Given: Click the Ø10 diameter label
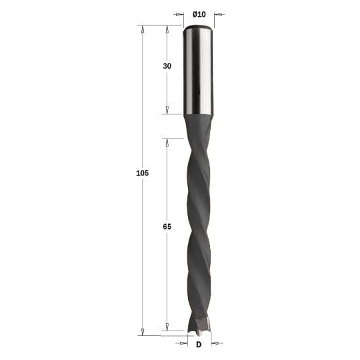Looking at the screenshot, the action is pyautogui.click(x=199, y=15).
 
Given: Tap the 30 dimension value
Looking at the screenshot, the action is pyautogui.click(x=167, y=66).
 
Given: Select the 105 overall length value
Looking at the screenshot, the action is pyautogui.click(x=143, y=173).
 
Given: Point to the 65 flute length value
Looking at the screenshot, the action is pyautogui.click(x=167, y=227).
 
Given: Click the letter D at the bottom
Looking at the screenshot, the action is pyautogui.click(x=199, y=345).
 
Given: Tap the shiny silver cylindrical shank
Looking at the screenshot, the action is pyautogui.click(x=199, y=70).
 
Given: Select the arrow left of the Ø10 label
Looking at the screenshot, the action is pyautogui.click(x=179, y=15).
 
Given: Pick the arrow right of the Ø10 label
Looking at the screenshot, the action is pyautogui.click(x=219, y=15).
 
